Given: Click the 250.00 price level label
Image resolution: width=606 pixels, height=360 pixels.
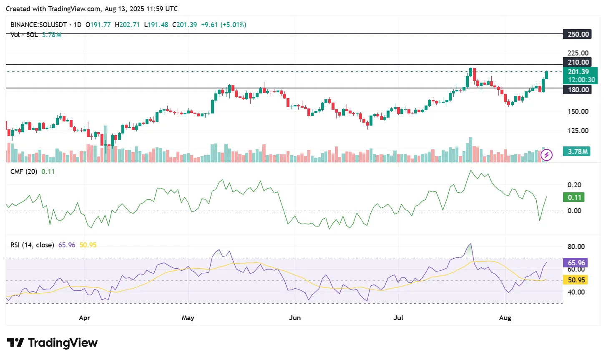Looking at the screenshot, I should tap(578, 34).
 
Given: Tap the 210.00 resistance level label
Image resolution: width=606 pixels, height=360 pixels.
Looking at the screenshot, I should tap(578, 63).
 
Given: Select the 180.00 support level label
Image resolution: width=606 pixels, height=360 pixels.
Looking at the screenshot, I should tap(578, 90).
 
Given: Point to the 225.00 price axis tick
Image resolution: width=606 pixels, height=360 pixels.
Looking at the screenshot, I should tap(578, 53).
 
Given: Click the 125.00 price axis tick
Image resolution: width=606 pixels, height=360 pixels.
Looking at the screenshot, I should tap(578, 131).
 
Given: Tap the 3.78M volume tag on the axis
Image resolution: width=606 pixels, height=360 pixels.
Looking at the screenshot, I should tap(578, 151).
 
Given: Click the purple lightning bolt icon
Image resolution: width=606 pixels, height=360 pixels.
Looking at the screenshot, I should tap(546, 156).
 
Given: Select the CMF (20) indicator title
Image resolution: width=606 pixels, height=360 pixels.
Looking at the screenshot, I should tap(24, 171).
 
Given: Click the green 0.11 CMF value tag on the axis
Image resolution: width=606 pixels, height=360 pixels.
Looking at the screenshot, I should tap(574, 197).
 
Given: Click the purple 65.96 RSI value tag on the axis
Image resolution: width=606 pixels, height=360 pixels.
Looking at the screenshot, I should tap(576, 263).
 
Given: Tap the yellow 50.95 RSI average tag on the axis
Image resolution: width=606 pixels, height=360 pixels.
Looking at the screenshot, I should tap(576, 280).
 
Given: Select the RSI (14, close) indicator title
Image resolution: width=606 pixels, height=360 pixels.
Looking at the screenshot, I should tap(32, 245).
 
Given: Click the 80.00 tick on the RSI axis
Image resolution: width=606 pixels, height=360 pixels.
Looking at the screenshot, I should tap(576, 247).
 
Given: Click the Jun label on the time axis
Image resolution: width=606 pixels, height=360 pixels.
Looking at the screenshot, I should tap(294, 318).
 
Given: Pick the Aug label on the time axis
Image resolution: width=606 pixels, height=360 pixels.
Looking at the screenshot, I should tap(505, 318).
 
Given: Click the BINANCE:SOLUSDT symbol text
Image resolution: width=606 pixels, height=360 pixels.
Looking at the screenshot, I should tap(38, 25).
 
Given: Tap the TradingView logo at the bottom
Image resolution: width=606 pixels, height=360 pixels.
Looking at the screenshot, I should tap(53, 343).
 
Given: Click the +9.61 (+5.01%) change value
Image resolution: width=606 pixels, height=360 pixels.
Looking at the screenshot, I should tap(224, 25).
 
